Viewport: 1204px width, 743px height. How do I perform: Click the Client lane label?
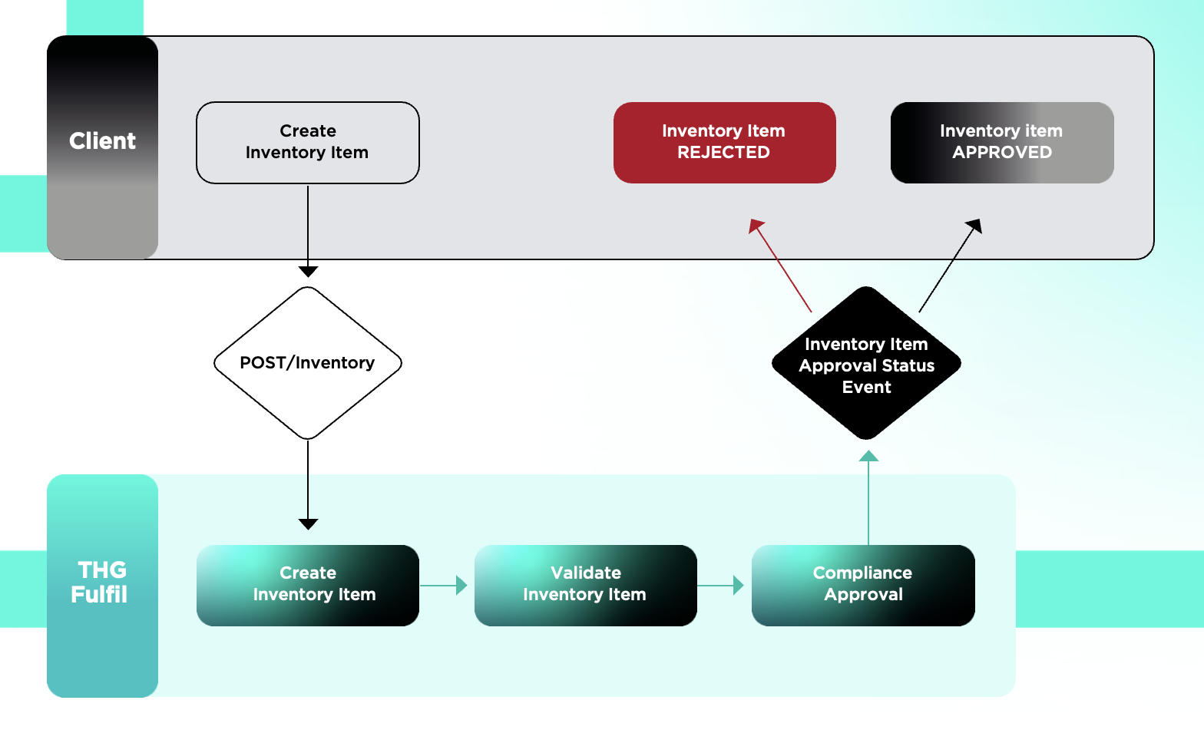(102, 141)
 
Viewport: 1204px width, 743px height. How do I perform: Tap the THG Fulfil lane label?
(101, 583)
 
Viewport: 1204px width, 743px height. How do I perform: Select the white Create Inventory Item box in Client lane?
(307, 143)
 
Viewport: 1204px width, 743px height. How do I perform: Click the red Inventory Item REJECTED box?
(724, 143)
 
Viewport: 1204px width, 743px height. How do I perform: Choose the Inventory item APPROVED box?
(1001, 143)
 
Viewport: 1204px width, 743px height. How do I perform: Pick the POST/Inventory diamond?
(307, 363)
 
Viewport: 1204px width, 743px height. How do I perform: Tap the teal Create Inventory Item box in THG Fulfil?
(307, 585)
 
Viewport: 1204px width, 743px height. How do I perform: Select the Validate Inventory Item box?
(585, 585)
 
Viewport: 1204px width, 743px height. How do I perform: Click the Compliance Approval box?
(863, 585)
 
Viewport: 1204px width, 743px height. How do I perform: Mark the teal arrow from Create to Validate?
(444, 586)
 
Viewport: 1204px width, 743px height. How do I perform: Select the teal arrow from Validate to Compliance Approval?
(721, 586)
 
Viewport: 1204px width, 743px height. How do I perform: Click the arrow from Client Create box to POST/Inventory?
(308, 230)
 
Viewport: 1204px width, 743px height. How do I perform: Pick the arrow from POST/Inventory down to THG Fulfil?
(308, 484)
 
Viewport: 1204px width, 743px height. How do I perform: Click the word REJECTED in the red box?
(723, 153)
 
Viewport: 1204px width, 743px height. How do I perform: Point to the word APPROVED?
(1002, 153)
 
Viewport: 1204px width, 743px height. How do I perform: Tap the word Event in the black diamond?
(866, 388)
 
